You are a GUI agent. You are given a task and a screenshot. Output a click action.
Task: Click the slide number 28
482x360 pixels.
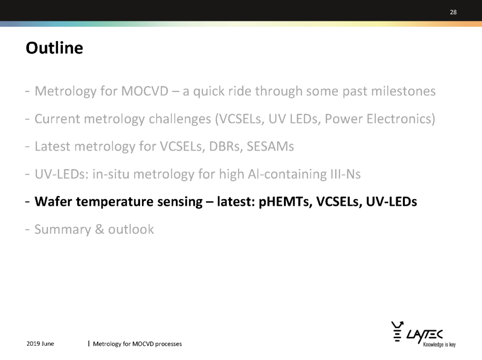tap(453, 13)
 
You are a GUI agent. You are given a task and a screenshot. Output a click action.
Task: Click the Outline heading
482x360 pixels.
tap(54, 48)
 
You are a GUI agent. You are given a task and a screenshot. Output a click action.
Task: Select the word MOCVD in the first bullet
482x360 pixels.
tap(145, 91)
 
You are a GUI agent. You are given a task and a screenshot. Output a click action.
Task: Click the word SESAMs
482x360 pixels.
tap(270, 147)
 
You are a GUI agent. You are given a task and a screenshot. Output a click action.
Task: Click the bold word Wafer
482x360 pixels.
tap(53, 202)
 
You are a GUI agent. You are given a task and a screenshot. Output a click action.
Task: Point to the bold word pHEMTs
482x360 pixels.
tap(285, 202)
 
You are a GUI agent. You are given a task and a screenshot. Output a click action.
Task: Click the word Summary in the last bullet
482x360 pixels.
tap(63, 230)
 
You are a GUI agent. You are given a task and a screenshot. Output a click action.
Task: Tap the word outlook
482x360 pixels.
tap(131, 230)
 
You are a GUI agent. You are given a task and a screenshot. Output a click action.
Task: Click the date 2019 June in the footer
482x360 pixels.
tap(40, 343)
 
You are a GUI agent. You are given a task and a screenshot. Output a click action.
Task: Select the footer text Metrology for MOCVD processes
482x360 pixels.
tap(137, 344)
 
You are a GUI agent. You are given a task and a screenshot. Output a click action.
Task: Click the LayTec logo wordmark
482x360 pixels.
tap(424, 335)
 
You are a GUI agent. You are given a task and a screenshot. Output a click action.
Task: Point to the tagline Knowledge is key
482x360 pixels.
tap(439, 345)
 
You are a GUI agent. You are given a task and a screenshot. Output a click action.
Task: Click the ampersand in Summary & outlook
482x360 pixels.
tap(100, 230)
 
